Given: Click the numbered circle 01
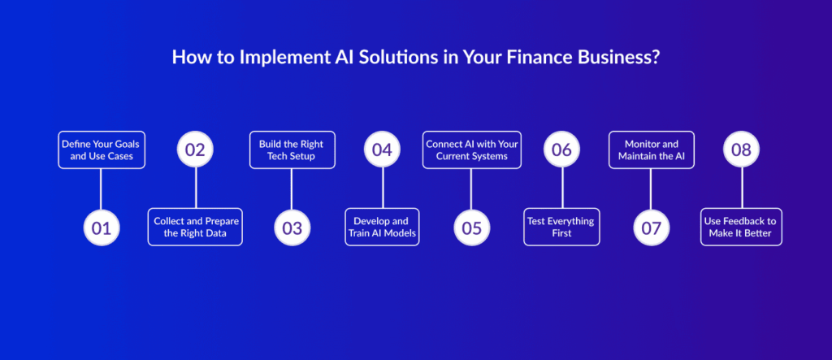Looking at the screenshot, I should [101, 228].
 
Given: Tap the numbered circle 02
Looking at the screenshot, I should [196, 150].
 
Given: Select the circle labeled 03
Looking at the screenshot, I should [292, 228].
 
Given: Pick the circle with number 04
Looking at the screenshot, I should [382, 150].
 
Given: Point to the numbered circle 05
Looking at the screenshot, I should [472, 228].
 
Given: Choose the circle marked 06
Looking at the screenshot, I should [561, 150].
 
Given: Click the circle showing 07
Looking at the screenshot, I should [651, 228].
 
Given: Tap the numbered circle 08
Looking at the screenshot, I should [742, 150].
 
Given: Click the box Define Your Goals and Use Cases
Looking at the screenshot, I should [102, 150].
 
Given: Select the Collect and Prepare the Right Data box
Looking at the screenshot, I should [196, 228].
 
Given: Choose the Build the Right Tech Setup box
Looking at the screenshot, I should [292, 150].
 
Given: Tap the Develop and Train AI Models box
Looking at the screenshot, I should [382, 228].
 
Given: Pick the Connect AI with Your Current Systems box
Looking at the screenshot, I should [472, 150].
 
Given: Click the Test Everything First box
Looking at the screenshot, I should [561, 228].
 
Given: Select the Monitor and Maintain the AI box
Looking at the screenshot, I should [651, 150].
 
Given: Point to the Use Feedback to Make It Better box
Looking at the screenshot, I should [742, 228].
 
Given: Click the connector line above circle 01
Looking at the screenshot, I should [101, 189].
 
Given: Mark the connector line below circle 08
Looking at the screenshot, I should [742, 189].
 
